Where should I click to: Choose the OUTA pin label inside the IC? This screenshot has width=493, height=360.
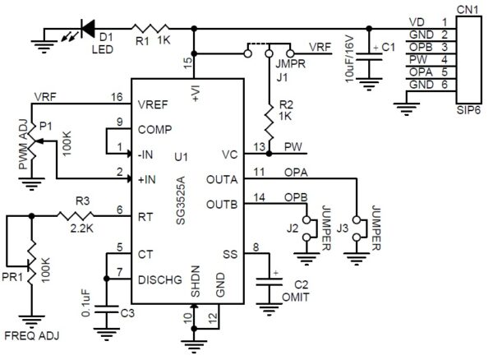tap(223, 178)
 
